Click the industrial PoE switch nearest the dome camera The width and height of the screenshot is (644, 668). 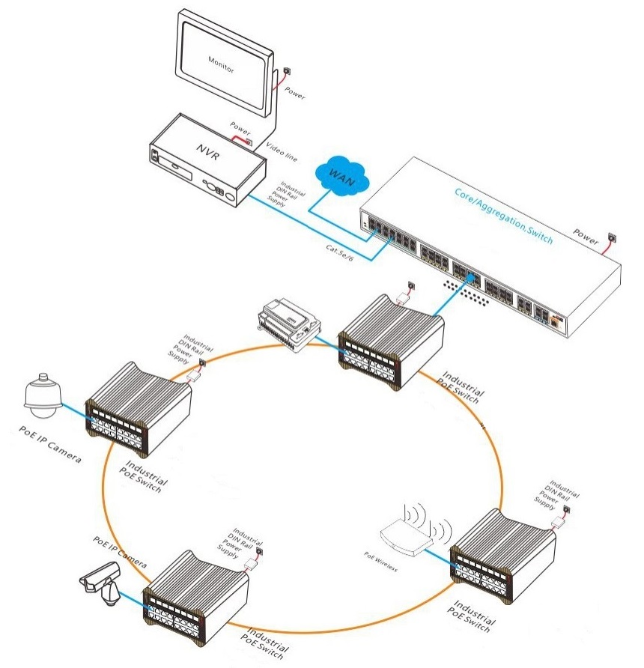click(139, 408)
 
